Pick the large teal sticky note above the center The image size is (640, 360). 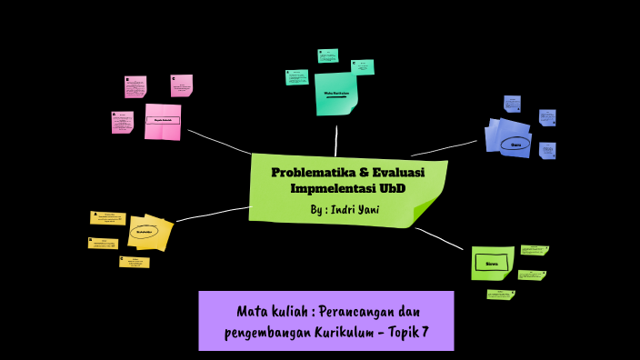tap(336, 95)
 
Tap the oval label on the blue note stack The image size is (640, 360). tap(515, 144)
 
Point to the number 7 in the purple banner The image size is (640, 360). tap(424, 333)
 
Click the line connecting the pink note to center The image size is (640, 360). tap(218, 141)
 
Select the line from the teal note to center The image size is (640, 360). tap(336, 136)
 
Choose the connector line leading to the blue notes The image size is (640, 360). tap(445, 148)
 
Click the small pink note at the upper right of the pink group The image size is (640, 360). tap(182, 85)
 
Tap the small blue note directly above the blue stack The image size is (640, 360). tap(513, 104)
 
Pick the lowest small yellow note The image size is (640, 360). tap(135, 262)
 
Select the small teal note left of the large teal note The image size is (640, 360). tap(297, 77)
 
